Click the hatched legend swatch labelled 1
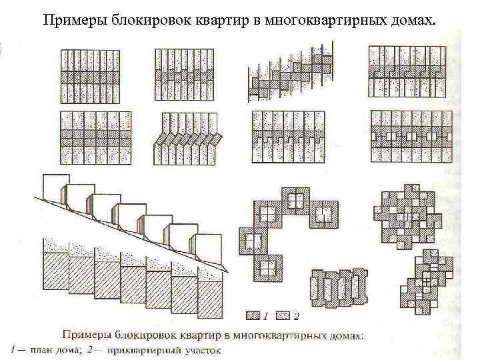point(253,313)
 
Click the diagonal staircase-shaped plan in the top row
point(289,71)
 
